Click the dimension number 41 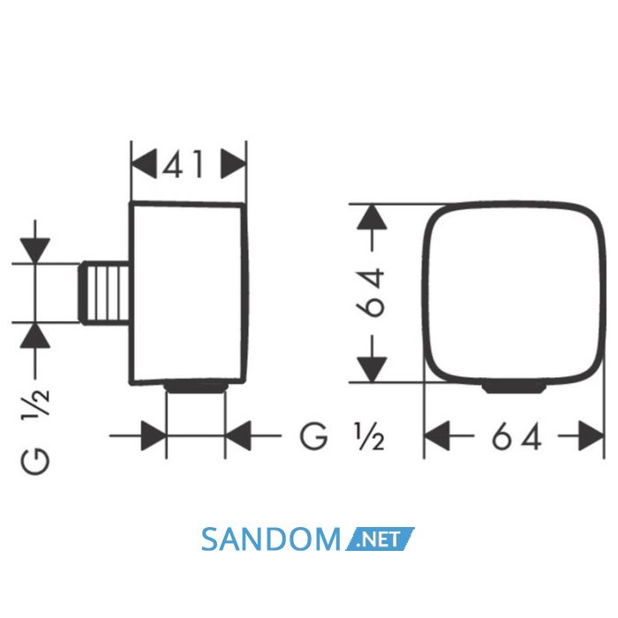click(x=184, y=163)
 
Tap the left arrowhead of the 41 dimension click(x=143, y=163)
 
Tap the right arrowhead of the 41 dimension click(x=233, y=163)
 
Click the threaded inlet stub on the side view click(x=105, y=293)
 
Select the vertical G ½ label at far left click(x=35, y=431)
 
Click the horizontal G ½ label click(x=342, y=436)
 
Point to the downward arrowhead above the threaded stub click(x=35, y=250)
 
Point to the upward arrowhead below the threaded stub click(x=35, y=335)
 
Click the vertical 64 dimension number click(x=370, y=292)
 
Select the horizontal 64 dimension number click(x=516, y=436)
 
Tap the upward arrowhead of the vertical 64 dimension click(x=372, y=217)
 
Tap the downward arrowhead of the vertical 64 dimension click(x=372, y=370)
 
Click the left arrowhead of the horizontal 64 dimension click(x=437, y=435)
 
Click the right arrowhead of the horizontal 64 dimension click(x=592, y=435)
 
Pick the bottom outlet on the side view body click(x=196, y=387)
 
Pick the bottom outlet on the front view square click(x=515, y=387)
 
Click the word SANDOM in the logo click(x=270, y=539)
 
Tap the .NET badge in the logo click(x=380, y=539)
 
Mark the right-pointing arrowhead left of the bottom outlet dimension click(x=154, y=435)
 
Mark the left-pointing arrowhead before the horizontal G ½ click(x=238, y=435)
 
